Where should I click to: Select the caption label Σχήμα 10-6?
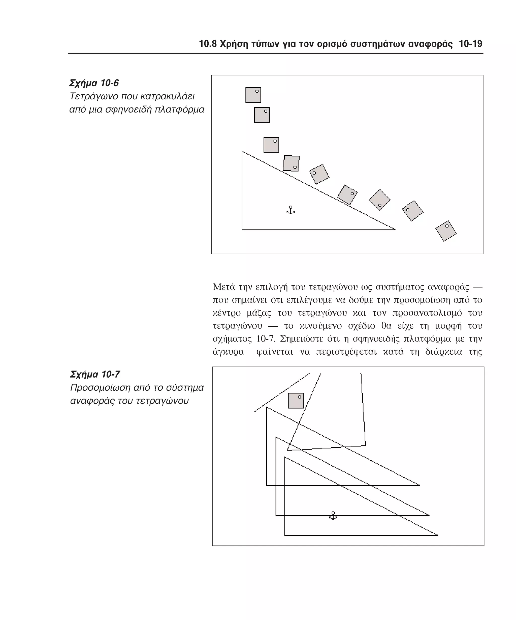(x=94, y=83)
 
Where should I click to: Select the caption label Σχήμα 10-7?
(x=95, y=374)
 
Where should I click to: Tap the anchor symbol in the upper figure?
(x=291, y=210)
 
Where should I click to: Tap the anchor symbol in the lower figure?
(x=333, y=516)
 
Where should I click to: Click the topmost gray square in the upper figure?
(x=253, y=95)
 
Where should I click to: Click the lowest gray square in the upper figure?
(x=445, y=231)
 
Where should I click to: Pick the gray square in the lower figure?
(x=296, y=401)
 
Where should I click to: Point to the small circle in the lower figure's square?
(x=299, y=397)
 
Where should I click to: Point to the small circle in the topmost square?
(x=257, y=91)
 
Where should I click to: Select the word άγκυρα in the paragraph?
(x=228, y=352)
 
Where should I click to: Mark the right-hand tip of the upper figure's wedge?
(x=395, y=229)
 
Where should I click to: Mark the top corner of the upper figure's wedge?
(x=242, y=152)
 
